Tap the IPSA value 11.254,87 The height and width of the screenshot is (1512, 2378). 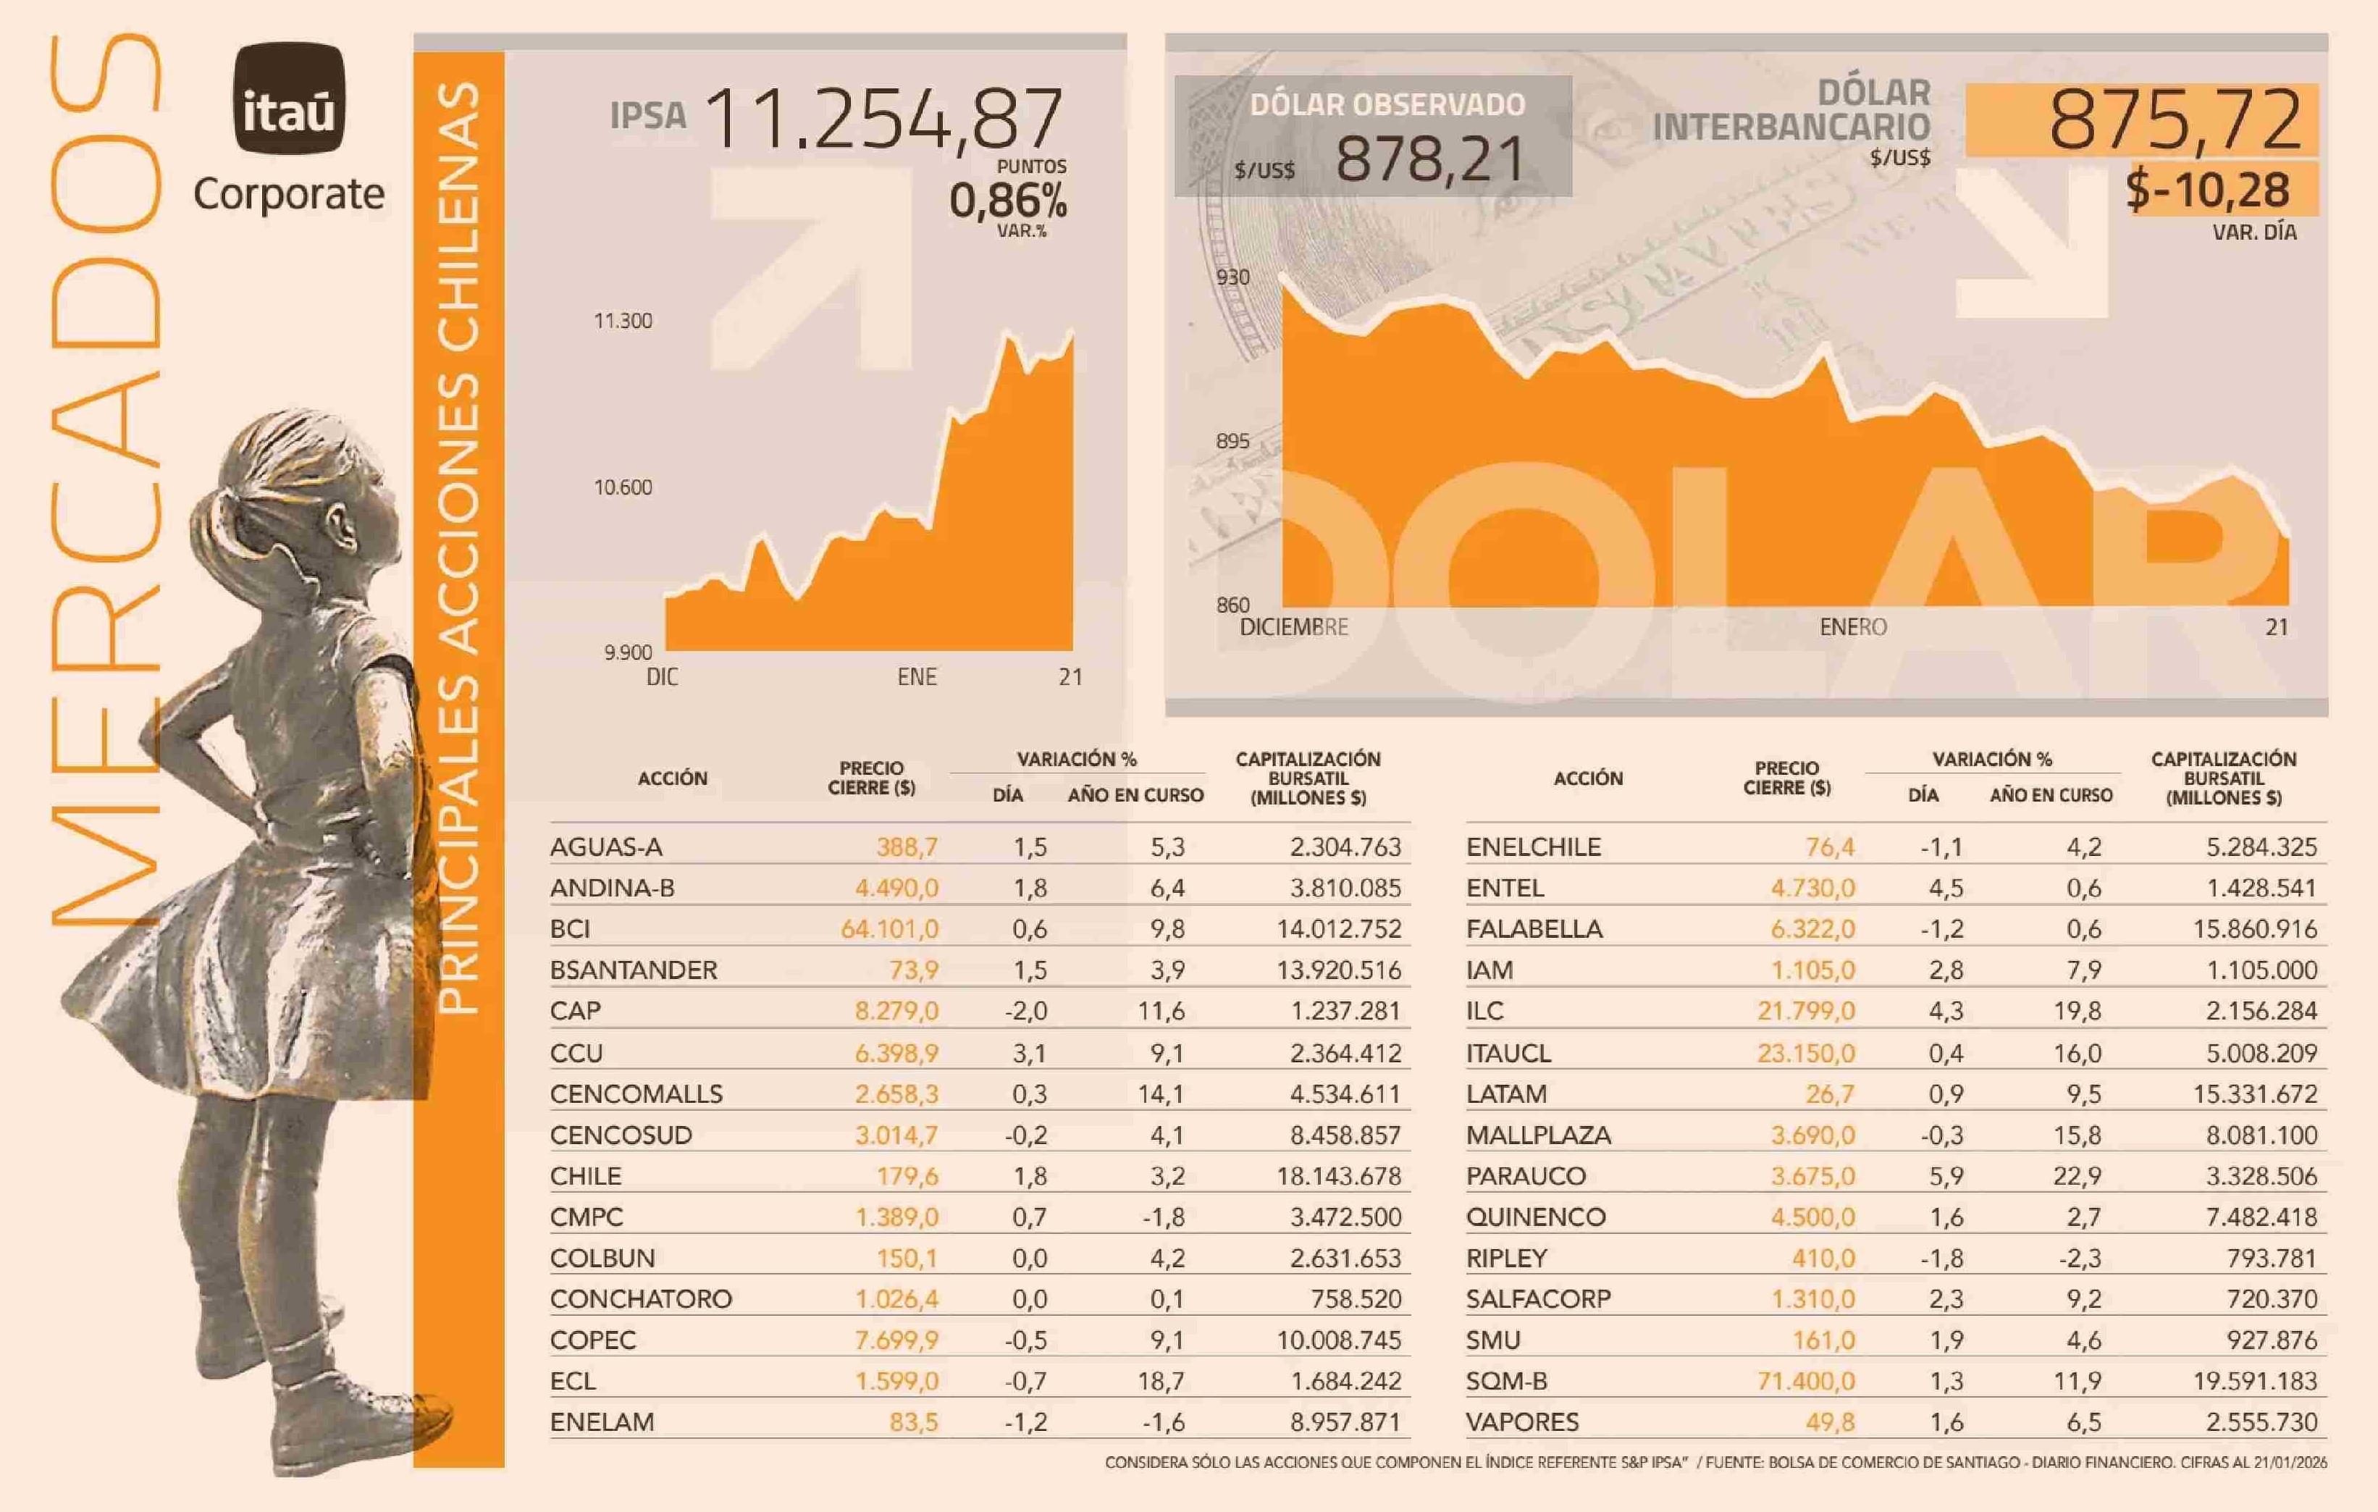[x=884, y=119]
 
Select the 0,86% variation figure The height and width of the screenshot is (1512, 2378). [x=1007, y=201]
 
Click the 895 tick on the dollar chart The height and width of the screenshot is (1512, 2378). [x=1232, y=440]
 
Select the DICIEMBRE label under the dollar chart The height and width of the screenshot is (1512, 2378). [x=1294, y=627]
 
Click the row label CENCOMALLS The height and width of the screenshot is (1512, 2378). [x=636, y=1094]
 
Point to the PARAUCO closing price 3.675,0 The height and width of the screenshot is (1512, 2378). [x=1812, y=1176]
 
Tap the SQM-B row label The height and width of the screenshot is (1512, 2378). [x=1506, y=1382]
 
